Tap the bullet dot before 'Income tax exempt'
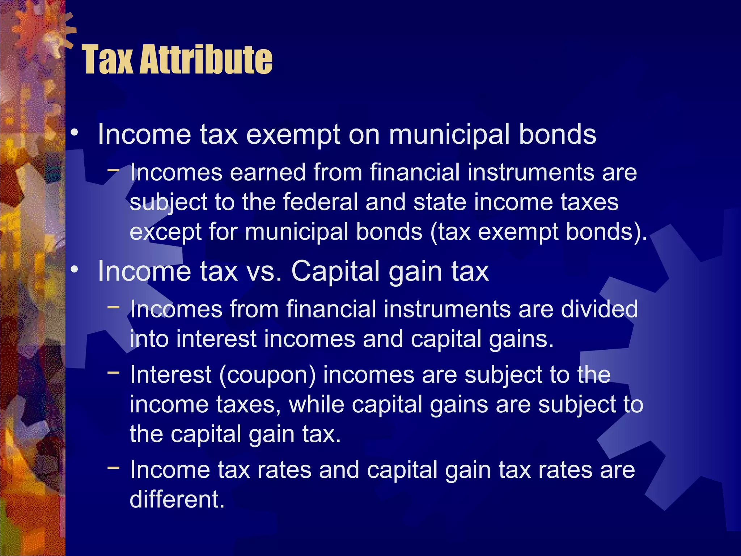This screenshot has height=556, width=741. (x=75, y=133)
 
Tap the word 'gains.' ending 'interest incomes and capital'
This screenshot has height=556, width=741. (x=521, y=340)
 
